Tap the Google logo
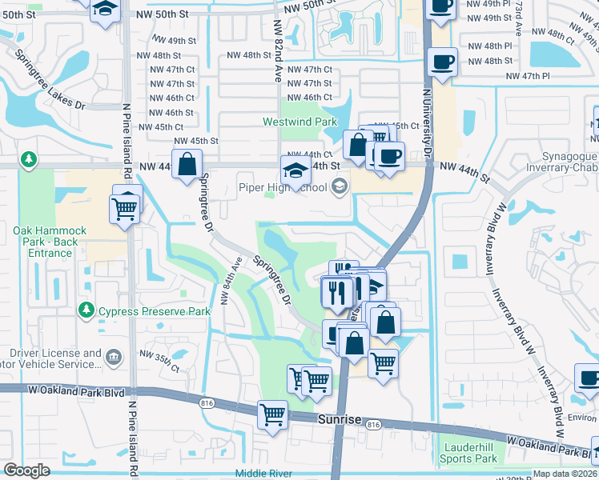pos(26,470)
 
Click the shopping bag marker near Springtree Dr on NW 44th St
pos(187,166)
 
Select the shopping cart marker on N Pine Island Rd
pos(125,210)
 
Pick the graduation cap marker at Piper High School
pos(295,171)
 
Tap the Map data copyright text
pos(565,474)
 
